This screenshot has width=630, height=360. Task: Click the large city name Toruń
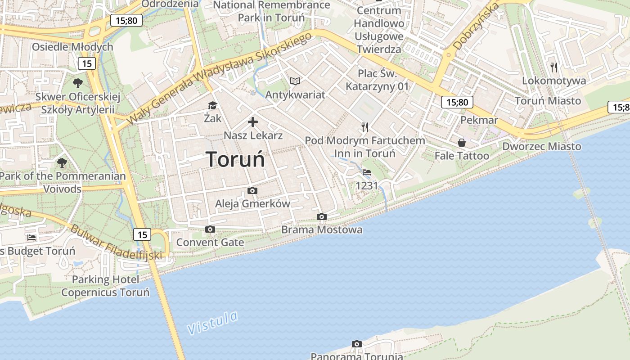[x=235, y=159]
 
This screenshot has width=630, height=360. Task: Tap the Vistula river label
[x=212, y=323]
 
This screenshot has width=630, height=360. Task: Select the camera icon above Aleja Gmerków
[x=252, y=190]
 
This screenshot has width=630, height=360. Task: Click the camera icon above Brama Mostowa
[x=321, y=217]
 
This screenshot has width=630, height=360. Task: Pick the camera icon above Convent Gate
[x=210, y=229]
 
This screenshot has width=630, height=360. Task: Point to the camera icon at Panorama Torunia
[x=356, y=344]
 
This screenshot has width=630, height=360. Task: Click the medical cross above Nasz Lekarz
[x=253, y=121]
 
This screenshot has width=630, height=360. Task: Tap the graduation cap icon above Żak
[x=212, y=106]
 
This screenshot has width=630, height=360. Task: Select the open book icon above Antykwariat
[x=295, y=81]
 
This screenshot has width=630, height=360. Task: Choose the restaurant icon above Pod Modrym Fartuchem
[x=365, y=127]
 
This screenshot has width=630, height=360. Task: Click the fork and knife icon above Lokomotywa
[x=554, y=67]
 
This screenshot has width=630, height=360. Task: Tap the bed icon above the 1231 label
[x=367, y=172]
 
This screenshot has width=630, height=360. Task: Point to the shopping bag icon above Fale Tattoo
[x=462, y=143]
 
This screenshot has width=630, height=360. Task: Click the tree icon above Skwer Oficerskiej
[x=78, y=83]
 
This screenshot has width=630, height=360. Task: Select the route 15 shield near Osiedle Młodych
[x=87, y=63]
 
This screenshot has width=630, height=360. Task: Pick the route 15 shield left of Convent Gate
[x=142, y=234]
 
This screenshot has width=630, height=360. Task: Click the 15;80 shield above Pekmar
[x=457, y=102]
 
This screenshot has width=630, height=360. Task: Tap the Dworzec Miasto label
[x=541, y=146]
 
